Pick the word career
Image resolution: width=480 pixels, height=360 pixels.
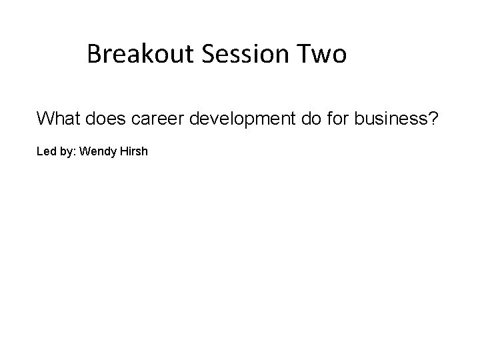[157, 119]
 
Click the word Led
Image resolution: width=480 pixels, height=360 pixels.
[45, 152]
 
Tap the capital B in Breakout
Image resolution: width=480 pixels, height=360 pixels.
[94, 54]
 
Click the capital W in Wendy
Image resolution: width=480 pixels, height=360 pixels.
[84, 152]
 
